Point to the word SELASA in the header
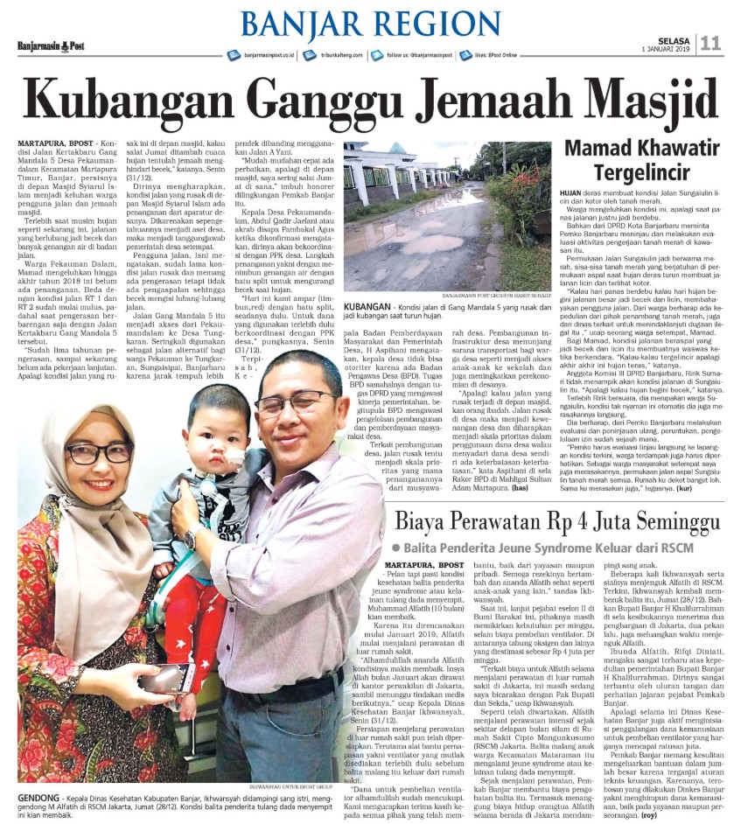click(675, 39)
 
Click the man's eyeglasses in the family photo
click(294, 402)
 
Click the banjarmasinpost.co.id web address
click(270, 55)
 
